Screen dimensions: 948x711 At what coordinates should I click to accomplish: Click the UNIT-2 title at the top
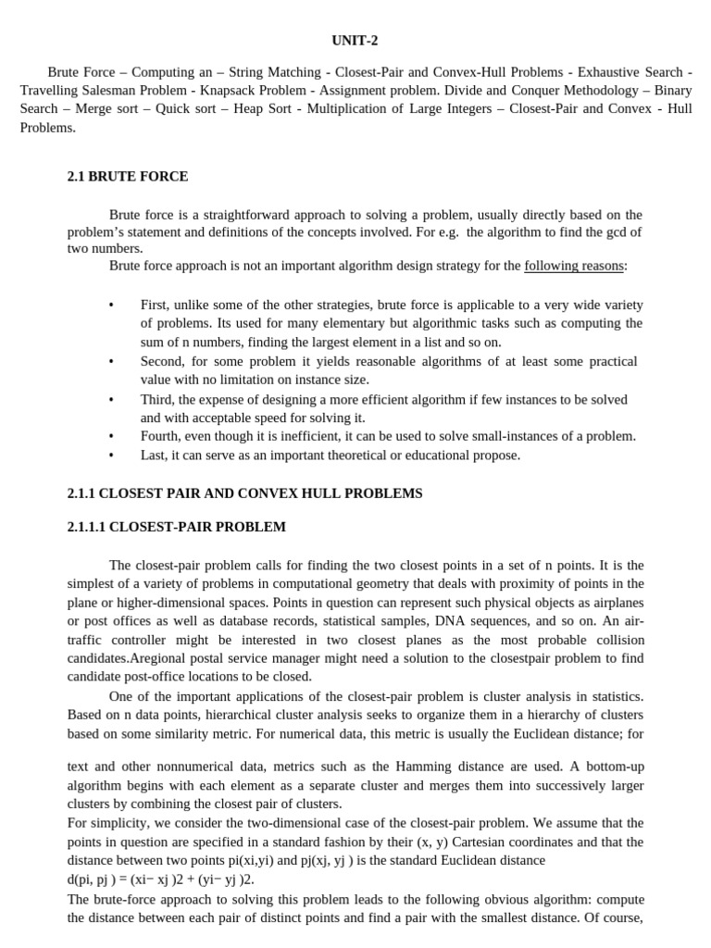(x=355, y=40)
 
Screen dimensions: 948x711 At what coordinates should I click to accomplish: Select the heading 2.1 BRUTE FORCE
(x=128, y=176)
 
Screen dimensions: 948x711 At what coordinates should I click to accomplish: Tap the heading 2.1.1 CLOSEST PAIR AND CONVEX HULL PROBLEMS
(x=244, y=493)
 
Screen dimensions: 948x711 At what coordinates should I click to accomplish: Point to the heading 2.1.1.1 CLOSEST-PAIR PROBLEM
(x=177, y=527)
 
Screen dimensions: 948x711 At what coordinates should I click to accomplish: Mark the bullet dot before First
(x=111, y=306)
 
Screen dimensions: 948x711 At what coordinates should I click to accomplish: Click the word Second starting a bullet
(x=162, y=361)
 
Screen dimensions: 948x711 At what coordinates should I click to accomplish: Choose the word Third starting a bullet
(x=157, y=399)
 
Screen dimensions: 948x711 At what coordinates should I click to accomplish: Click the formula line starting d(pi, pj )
(x=160, y=879)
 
